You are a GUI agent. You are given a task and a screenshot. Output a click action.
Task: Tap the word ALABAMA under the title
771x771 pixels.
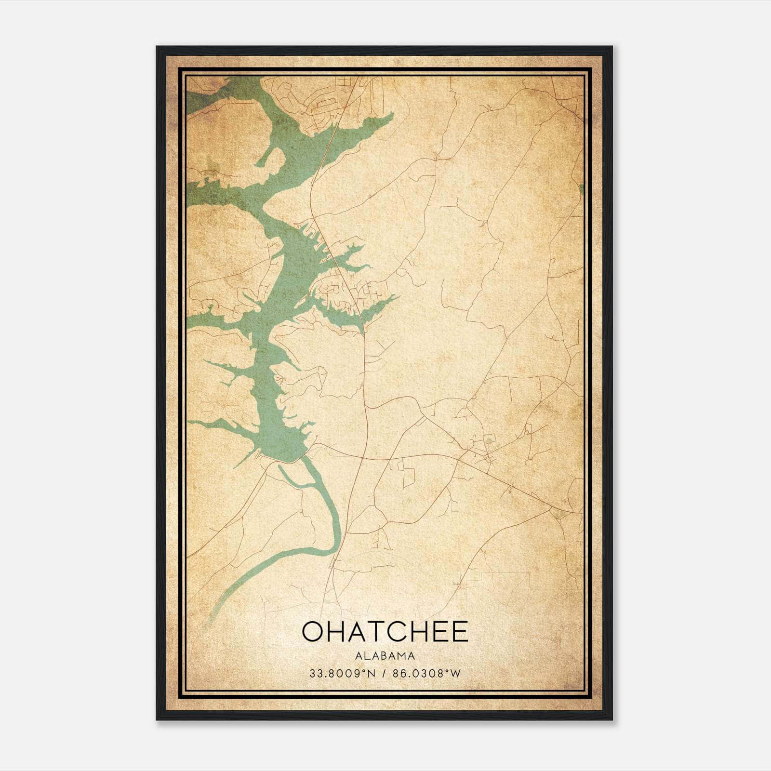pos(385,656)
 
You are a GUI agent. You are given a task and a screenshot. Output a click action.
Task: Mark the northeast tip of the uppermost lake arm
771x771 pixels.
pos(393,114)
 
